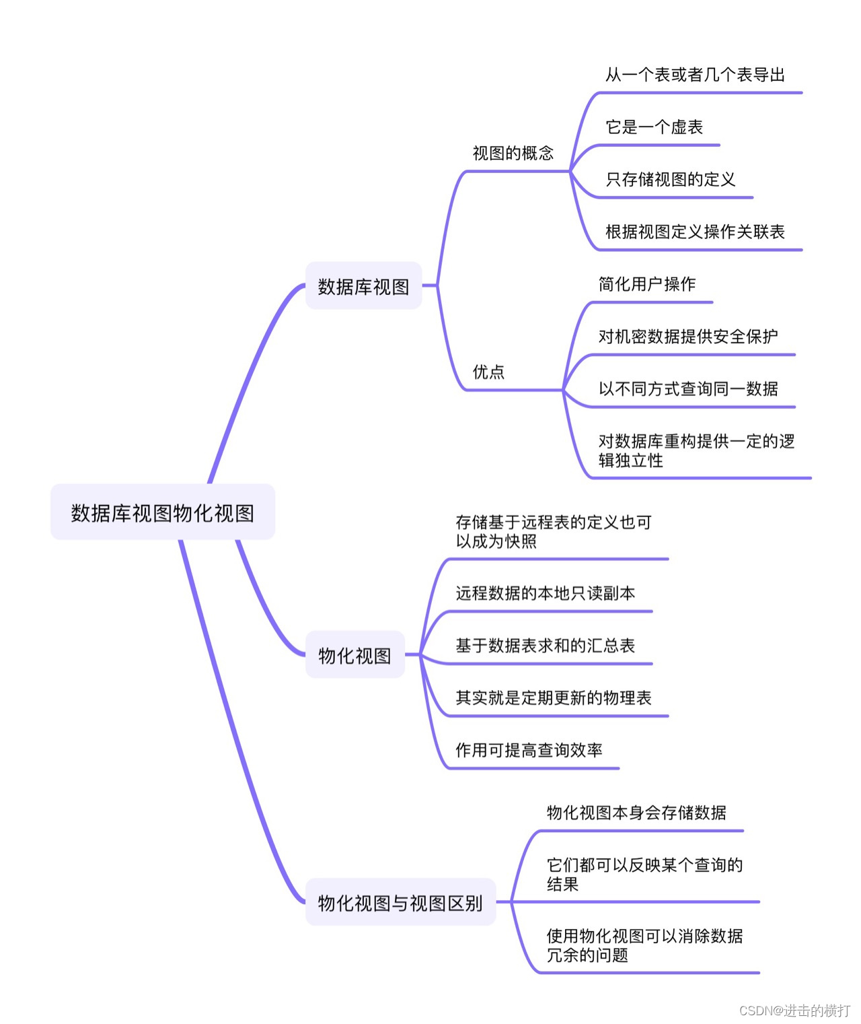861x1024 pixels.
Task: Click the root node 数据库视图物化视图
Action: [163, 512]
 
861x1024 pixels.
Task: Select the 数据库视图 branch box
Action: [363, 286]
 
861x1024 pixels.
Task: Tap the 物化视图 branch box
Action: [354, 655]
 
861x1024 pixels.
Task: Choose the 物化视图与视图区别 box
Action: [400, 903]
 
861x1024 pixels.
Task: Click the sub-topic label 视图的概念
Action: [513, 153]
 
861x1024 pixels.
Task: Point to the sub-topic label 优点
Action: [488, 372]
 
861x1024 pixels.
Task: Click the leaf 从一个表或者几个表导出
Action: [695, 75]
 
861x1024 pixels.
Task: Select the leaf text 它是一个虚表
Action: [654, 127]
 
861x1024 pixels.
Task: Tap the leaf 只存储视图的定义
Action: [670, 180]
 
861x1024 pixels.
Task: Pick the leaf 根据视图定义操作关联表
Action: [695, 232]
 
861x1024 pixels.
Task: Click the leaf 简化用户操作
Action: [646, 284]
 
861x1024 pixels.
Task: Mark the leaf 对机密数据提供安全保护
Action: [687, 337]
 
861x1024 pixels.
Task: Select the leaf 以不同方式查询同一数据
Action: [687, 389]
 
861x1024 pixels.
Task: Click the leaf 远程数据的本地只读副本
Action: [545, 593]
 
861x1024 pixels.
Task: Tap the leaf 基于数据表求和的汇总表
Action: [545, 646]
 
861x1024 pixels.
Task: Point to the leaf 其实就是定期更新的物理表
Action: [553, 698]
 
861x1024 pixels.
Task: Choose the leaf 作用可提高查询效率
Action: [529, 750]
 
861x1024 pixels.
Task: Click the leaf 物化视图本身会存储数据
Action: [636, 813]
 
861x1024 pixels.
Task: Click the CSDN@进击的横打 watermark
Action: [794, 1011]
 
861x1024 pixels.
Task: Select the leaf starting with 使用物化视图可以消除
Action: [644, 945]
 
